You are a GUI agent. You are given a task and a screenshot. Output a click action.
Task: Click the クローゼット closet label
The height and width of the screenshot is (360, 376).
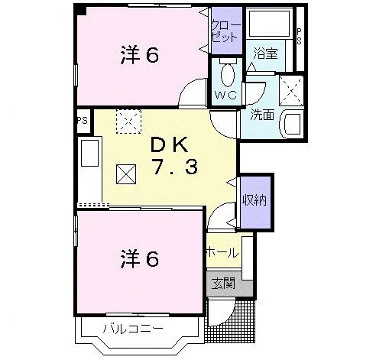[226, 31]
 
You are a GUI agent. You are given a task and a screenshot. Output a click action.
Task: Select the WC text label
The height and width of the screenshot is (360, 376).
[226, 96]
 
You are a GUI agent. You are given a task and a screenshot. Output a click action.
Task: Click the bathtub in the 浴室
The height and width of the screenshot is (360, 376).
[270, 24]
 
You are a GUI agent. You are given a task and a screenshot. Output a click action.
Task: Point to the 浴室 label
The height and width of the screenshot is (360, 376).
[265, 54]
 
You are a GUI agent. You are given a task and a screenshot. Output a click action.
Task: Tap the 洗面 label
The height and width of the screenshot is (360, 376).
[262, 115]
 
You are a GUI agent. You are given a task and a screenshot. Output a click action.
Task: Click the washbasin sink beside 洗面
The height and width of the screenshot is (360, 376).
[292, 124]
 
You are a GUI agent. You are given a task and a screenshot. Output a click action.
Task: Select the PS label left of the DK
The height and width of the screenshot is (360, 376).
[83, 120]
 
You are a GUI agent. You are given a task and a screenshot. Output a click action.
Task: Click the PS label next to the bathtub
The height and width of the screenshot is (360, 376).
[299, 37]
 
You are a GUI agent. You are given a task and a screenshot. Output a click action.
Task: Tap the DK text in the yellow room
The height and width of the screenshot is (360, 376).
[170, 144]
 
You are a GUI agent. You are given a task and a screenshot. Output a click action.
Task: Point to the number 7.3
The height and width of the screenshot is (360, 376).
[175, 168]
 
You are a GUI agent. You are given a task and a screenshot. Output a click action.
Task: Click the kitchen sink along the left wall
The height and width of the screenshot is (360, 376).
[89, 153]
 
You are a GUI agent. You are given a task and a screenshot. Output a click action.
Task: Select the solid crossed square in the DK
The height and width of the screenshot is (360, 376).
[126, 174]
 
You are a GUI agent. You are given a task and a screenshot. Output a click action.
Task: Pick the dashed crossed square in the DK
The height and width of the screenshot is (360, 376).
[128, 122]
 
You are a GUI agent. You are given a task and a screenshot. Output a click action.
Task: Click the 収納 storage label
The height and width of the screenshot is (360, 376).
[254, 199]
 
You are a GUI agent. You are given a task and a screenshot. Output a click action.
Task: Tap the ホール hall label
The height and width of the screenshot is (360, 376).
[222, 252]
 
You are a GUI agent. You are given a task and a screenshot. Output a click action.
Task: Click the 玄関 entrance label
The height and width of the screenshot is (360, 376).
[223, 283]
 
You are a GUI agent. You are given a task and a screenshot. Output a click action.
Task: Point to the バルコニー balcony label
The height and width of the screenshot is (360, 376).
[133, 329]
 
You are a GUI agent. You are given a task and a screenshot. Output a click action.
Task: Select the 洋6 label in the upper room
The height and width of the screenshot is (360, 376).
[140, 55]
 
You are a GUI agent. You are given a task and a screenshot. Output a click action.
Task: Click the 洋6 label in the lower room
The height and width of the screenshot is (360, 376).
[140, 259]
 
